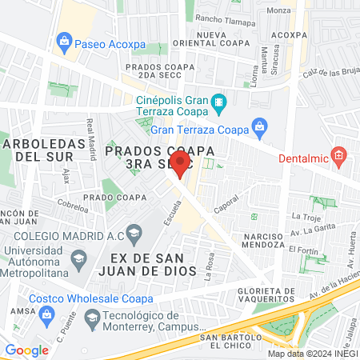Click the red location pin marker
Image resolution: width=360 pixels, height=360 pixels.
pos(180,162)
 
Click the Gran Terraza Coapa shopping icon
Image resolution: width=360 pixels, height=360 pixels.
pos(258,126)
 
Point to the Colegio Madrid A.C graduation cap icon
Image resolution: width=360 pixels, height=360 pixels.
pos(134,233)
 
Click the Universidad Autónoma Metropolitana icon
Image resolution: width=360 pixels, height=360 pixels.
pos(78,258)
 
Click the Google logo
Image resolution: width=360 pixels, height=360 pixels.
pos(26,350)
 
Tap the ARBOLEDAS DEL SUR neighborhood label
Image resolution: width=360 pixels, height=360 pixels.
pos(40,150)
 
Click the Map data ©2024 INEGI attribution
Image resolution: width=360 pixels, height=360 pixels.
pos(312,354)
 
